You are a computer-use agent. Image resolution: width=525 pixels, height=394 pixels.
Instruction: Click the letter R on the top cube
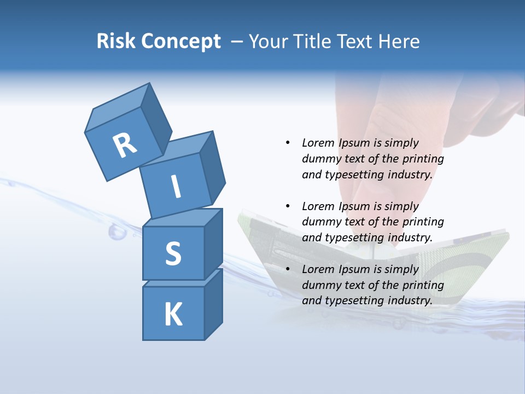pyautogui.click(x=125, y=146)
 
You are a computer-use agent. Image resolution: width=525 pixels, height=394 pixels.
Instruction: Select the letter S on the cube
pyautogui.click(x=173, y=253)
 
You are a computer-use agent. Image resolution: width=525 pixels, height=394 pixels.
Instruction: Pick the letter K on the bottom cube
pyautogui.click(x=173, y=315)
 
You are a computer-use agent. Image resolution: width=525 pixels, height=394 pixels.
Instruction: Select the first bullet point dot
pyautogui.click(x=288, y=143)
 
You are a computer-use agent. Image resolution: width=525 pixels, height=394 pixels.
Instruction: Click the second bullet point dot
pyautogui.click(x=288, y=206)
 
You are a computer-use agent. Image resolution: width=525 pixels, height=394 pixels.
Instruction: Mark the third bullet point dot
pyautogui.click(x=288, y=269)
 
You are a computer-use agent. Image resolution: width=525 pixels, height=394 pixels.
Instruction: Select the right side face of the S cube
pyautogui.click(x=213, y=244)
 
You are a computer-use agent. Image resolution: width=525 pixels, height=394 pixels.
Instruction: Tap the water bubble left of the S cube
pyautogui.click(x=116, y=232)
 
